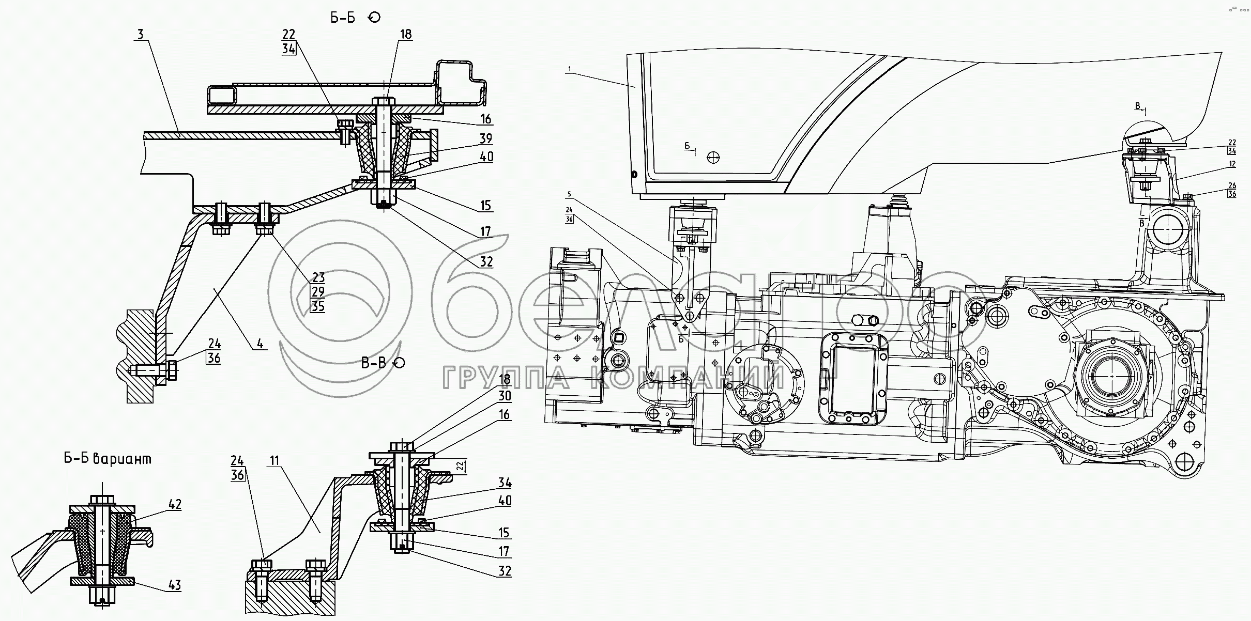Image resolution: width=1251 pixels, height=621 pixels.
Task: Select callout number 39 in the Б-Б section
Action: pos(485,138)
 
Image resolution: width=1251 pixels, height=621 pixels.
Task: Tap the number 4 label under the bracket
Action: pos(260,344)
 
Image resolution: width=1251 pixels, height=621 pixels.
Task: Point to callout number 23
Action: pos(317,277)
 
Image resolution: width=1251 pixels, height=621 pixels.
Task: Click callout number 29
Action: pos(317,291)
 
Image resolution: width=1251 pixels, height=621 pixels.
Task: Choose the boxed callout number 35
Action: pos(317,306)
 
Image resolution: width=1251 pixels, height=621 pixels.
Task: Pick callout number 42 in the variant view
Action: pos(175,504)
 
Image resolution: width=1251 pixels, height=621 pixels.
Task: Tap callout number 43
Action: pos(175,585)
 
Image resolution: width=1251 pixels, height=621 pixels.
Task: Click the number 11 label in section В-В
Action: pos(274,460)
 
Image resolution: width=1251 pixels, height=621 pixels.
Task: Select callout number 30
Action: pos(505,396)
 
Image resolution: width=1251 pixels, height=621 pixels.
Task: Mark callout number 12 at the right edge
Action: pos(1232,164)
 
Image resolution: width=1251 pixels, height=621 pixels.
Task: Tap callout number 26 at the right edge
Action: pos(1232,185)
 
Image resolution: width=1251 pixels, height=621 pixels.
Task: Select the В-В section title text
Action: pos(373,363)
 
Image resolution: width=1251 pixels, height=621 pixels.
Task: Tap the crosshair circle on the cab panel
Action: pos(714,157)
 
